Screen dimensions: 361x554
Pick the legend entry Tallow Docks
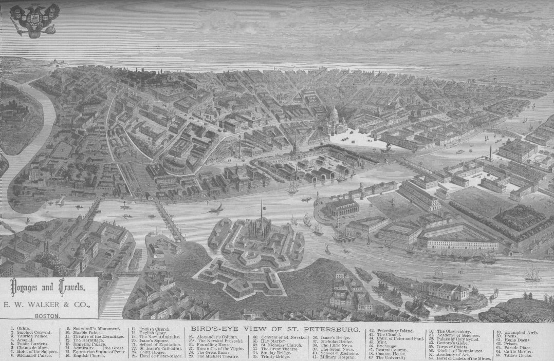[x=518, y=355]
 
